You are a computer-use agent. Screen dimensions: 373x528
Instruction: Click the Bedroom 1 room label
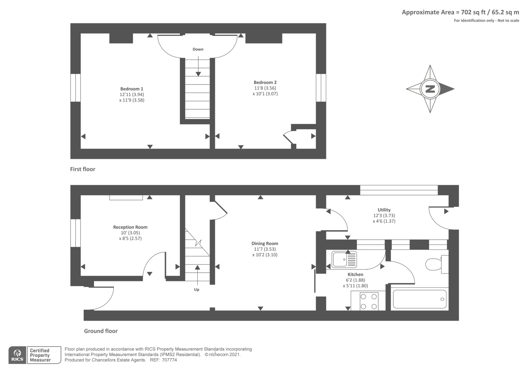pos(132,89)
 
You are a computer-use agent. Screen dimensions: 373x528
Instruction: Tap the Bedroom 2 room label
pos(265,83)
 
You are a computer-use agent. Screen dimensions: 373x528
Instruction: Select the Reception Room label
pos(130,227)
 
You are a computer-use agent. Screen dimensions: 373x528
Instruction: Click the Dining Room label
pos(265,244)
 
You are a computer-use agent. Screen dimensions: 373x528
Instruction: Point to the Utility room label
pos(384,210)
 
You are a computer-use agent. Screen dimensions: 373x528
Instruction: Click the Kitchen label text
pos(355,275)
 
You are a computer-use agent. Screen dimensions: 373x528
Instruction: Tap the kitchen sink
pos(344,259)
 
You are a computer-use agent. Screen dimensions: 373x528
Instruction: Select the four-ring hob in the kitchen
pos(369,301)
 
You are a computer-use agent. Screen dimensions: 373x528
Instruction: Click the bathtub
pos(419,299)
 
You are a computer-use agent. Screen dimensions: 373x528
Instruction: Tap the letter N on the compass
pos(430,89)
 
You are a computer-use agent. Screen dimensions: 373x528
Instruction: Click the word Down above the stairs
pos(198,50)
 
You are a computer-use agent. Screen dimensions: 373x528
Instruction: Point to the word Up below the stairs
pos(197,290)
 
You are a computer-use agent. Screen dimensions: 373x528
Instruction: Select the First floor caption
pos(82,169)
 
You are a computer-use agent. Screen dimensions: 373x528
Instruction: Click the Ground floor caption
pos(101,331)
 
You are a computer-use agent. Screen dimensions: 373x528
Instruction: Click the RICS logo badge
pos(17,355)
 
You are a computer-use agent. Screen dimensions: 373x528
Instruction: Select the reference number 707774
pos(169,360)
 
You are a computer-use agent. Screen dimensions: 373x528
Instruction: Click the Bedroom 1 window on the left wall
pos(76,87)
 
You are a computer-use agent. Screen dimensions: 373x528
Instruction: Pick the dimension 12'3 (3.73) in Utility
pos(384,216)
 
